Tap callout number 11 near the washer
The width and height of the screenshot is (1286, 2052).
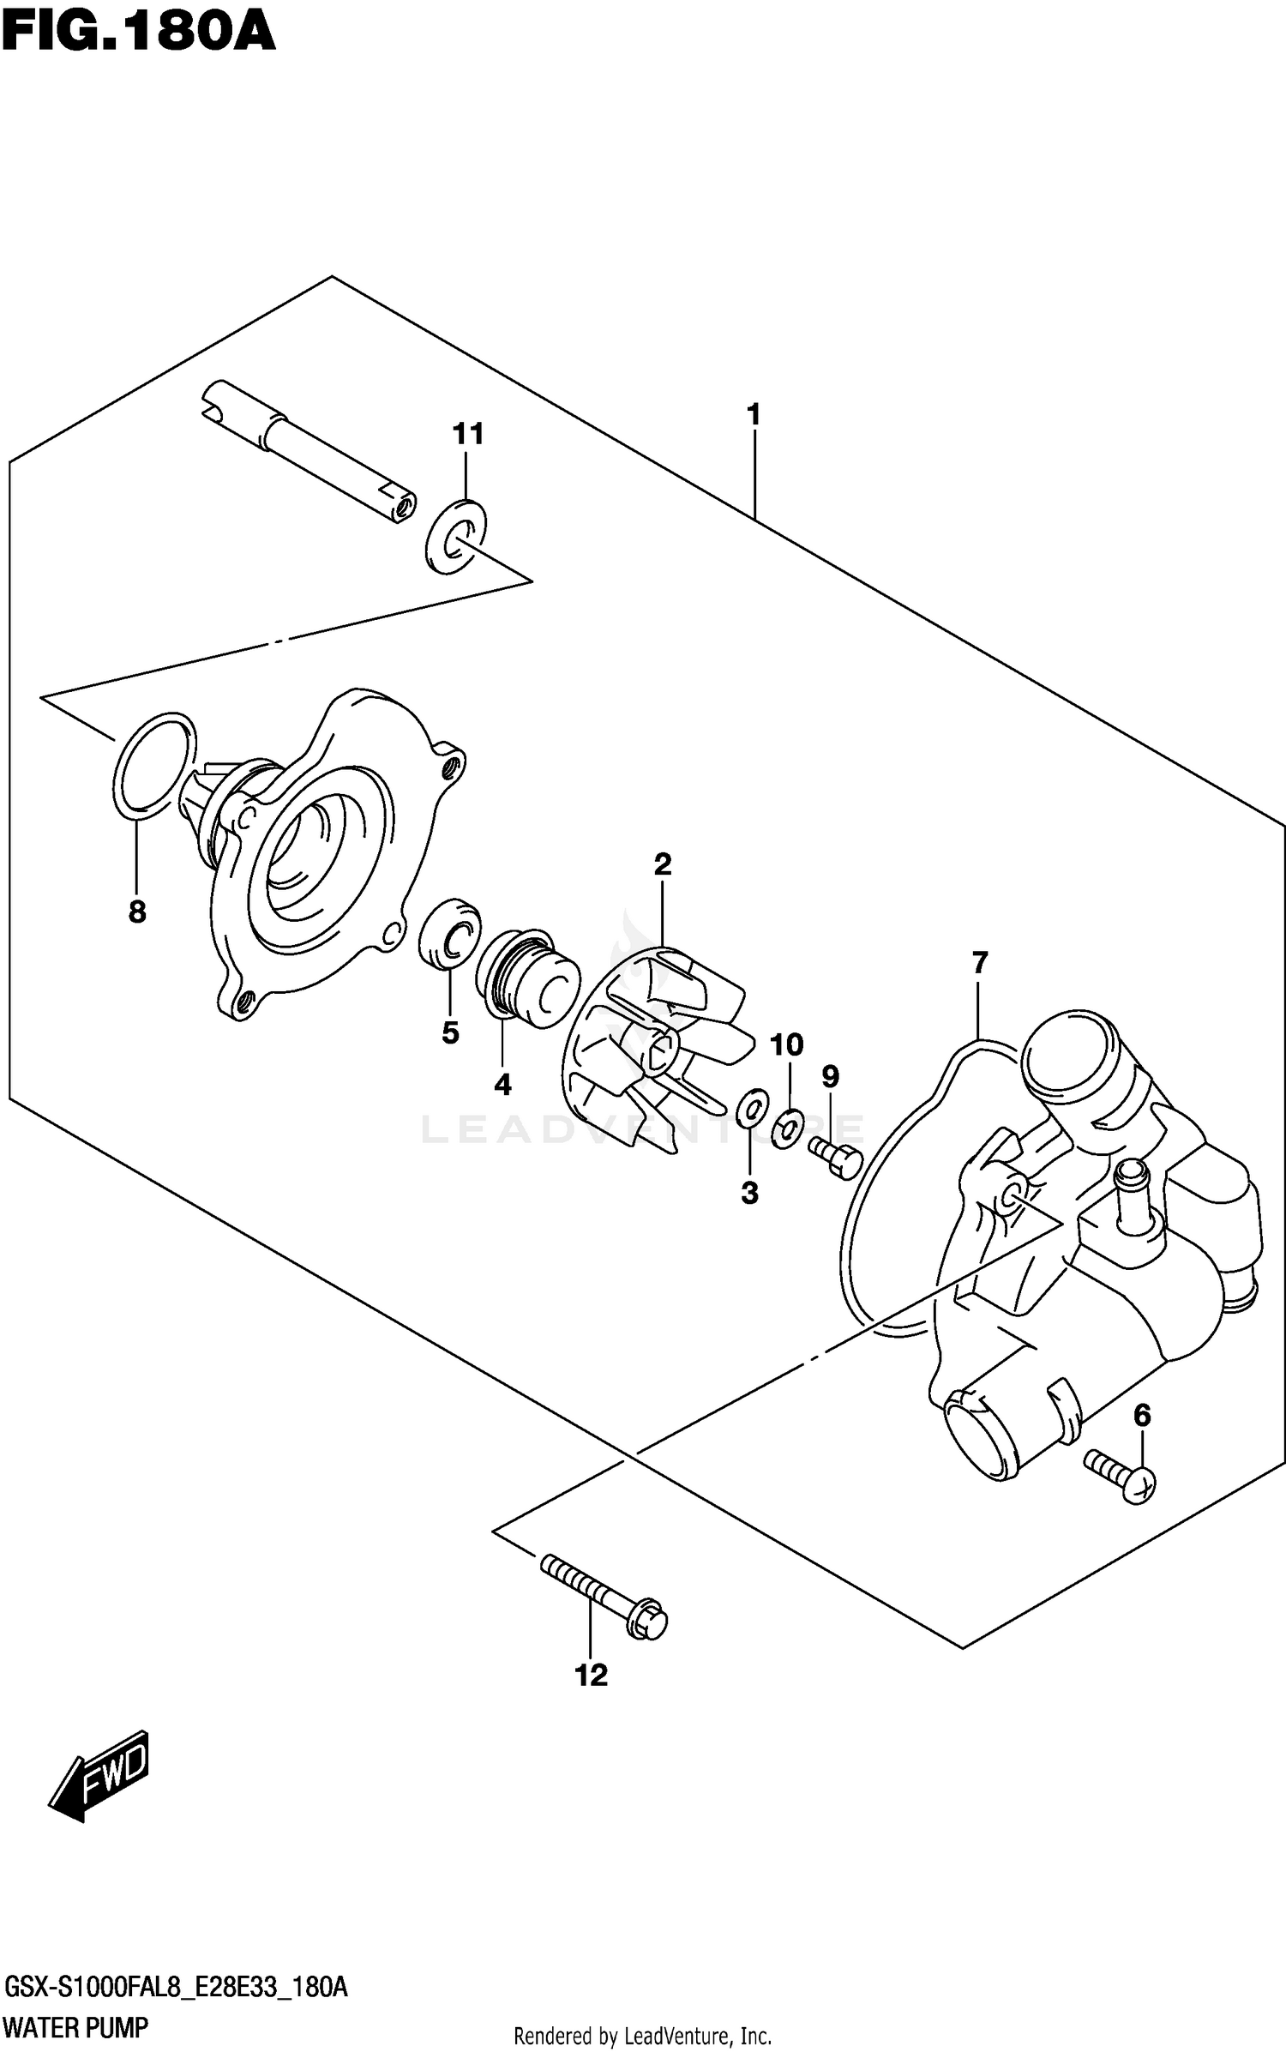468,434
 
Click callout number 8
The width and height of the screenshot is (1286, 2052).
137,912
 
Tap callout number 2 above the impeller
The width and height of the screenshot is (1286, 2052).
662,864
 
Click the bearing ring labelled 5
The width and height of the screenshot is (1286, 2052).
449,934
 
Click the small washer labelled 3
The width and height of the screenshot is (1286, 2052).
751,1109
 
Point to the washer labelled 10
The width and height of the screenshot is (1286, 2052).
787,1129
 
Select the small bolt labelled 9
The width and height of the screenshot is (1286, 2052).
835,1154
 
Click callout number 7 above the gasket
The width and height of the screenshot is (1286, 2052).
980,963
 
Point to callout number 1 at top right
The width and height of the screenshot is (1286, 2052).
754,415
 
